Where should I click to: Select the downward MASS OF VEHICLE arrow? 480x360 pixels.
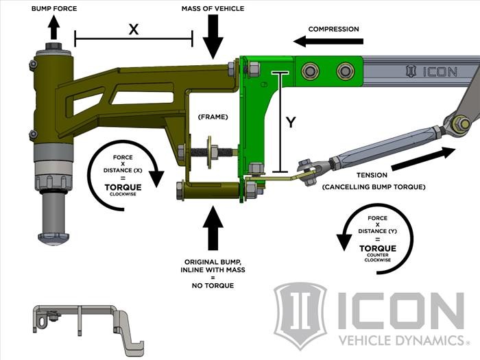pos(213,38)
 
